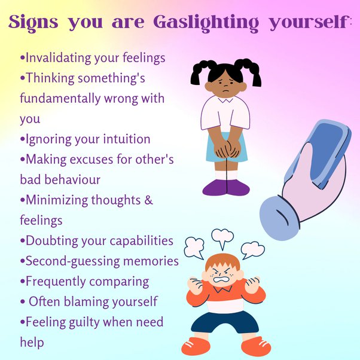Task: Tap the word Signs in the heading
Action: click(x=33, y=22)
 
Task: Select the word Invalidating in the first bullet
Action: click(x=57, y=59)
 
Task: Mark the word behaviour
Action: click(x=71, y=179)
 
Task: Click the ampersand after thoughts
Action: click(x=148, y=200)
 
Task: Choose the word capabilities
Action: click(x=138, y=241)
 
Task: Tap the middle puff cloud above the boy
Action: click(x=222, y=237)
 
